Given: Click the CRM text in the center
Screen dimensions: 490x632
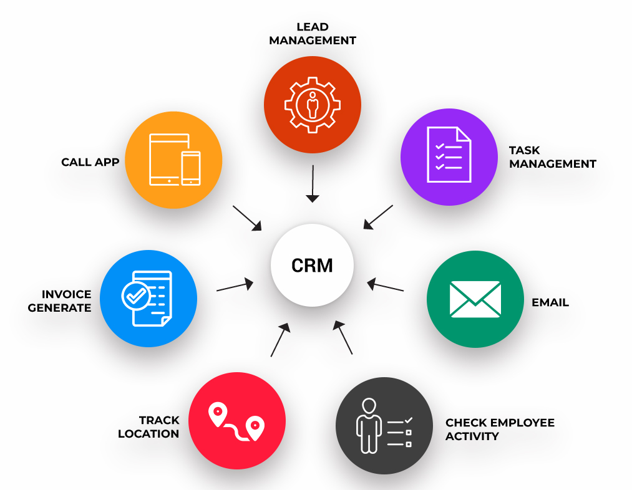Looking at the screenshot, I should coord(312,266).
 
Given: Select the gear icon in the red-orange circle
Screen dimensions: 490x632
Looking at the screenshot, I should coord(313,104).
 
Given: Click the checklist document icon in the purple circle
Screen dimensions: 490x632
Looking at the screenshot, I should coord(449,155).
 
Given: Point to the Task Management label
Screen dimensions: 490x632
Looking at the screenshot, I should coord(552,157).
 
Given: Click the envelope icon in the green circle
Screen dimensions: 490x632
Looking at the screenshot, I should coord(475,299).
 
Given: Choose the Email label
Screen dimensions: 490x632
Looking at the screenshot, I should coord(550,302).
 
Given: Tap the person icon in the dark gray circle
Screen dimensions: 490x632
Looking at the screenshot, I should coord(369,426).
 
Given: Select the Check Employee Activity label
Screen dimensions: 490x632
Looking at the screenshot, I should coord(500,430).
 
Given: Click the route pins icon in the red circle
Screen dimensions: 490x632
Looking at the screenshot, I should coord(236,421).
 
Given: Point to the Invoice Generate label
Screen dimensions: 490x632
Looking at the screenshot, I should coord(60,300).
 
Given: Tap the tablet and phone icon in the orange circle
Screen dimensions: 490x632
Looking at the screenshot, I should coord(174,160).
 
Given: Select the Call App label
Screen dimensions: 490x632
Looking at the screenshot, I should coord(90,163).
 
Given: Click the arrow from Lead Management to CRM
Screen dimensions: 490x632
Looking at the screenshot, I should coord(313,183).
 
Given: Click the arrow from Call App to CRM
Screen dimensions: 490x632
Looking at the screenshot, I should coord(247,218).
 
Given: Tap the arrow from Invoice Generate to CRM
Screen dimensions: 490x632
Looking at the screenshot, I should coord(235,286).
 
